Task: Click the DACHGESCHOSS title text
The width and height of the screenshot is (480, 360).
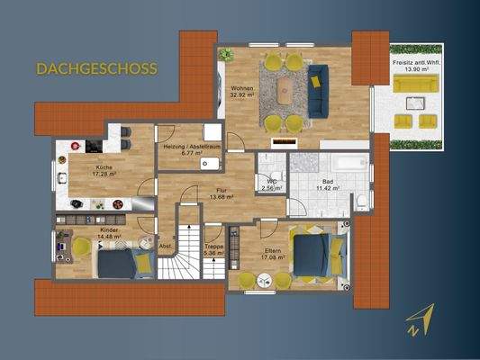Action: [x=96, y=67]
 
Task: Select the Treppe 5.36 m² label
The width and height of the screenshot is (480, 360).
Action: [x=213, y=250]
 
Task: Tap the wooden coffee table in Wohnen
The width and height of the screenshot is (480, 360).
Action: [x=285, y=88]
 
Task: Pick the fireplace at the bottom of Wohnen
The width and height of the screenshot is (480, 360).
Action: [x=285, y=141]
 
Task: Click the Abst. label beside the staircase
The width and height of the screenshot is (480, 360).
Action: [x=165, y=246]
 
